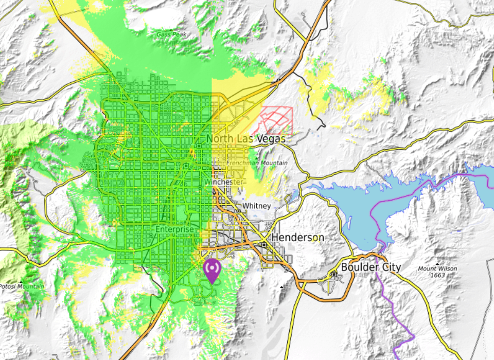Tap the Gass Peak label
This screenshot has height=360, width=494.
click(170, 34)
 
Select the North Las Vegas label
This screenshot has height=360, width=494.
click(245, 139)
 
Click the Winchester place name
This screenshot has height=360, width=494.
click(223, 183)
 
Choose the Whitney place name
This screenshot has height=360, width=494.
click(256, 206)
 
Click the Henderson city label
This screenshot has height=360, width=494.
click(298, 238)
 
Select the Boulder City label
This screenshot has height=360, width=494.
click(370, 267)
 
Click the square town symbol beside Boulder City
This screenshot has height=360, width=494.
click(334, 275)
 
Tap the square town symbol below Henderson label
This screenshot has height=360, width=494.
click(264, 245)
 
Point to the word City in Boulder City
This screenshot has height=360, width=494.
click(391, 267)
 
